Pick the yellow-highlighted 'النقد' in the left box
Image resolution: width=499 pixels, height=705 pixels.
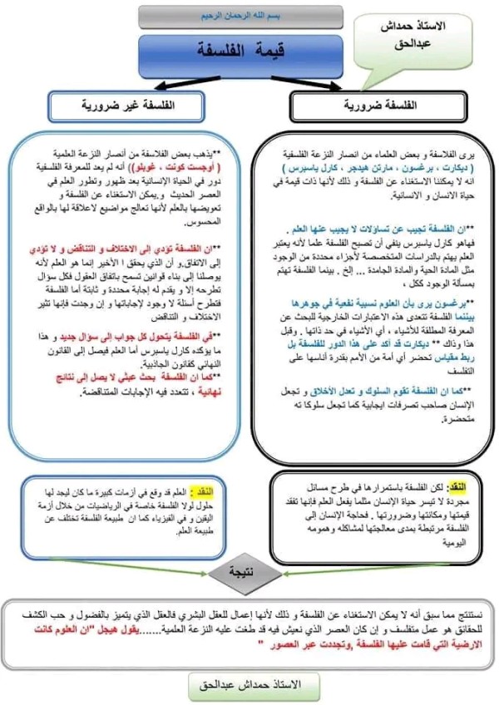(x=202, y=492)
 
